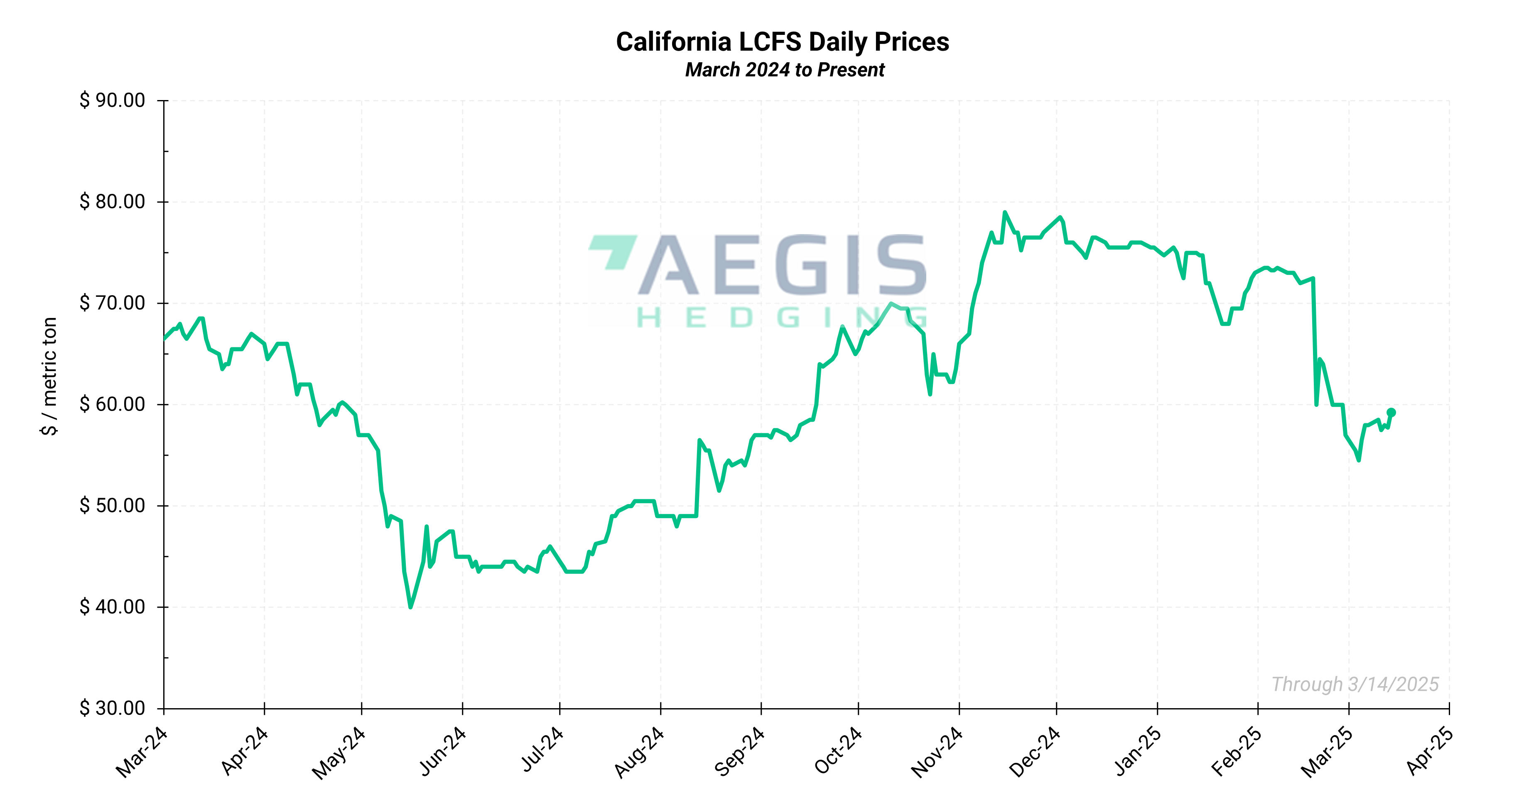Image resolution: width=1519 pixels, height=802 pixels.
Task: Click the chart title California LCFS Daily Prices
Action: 783,42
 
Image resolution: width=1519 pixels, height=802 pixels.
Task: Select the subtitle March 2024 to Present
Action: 784,70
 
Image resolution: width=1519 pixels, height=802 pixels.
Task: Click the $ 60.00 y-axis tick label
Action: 113,404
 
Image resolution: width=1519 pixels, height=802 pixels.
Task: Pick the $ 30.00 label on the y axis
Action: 113,708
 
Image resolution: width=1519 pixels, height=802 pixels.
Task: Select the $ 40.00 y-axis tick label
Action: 113,606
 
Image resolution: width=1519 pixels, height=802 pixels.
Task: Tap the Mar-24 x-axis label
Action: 142,753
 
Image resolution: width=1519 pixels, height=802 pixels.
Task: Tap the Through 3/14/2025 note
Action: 1355,684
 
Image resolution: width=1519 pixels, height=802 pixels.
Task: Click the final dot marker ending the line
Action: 1391,413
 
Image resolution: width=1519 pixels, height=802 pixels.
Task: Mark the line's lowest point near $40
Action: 410,606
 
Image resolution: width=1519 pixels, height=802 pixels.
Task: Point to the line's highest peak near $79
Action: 1004,212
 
